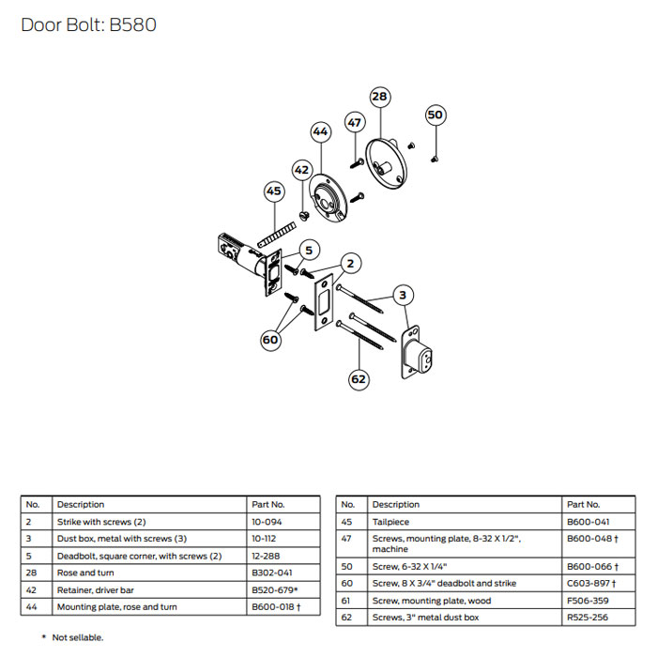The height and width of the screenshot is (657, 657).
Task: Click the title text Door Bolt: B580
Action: [x=88, y=24]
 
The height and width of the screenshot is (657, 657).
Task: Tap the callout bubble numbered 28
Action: [x=379, y=97]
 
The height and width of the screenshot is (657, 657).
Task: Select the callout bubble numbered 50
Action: [x=435, y=115]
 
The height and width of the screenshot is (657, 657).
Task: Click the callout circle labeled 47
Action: [x=354, y=123]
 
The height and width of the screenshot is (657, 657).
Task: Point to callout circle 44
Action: [x=320, y=132]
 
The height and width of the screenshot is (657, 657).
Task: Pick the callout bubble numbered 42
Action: [x=301, y=171]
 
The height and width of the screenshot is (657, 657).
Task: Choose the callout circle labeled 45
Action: [x=273, y=191]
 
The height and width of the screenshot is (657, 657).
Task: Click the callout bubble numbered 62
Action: [x=358, y=380]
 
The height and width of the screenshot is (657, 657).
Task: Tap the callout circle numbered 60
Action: [x=271, y=340]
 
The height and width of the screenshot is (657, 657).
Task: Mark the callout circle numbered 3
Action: [x=403, y=296]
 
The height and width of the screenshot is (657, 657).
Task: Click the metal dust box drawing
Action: [x=420, y=355]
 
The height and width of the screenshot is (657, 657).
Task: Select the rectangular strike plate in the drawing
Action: [x=323, y=301]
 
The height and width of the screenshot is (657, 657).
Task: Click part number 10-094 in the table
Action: [x=267, y=521]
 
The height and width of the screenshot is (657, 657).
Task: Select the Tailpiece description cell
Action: [x=390, y=521]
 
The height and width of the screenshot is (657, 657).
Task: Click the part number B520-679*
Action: [x=275, y=589]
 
